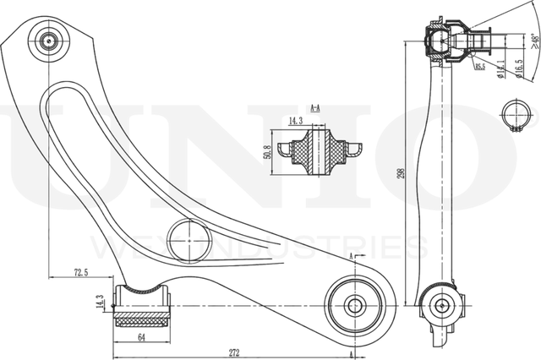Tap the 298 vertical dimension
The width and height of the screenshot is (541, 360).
pyautogui.click(x=411, y=172)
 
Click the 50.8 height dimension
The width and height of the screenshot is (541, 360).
pyautogui.click(x=270, y=152)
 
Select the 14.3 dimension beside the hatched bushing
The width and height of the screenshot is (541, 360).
pyautogui.click(x=100, y=302)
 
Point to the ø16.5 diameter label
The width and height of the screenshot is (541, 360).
pyautogui.click(x=518, y=67)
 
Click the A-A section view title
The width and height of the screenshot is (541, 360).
pyautogui.click(x=314, y=108)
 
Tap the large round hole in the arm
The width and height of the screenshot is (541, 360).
pyautogui.click(x=189, y=240)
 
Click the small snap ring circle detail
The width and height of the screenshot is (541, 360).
pyautogui.click(x=513, y=115)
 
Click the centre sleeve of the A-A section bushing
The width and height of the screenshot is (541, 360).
pyautogui.click(x=319, y=152)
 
